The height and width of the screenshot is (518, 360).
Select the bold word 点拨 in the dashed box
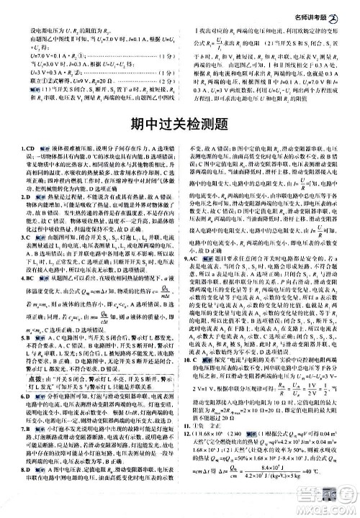click(29, 379)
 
